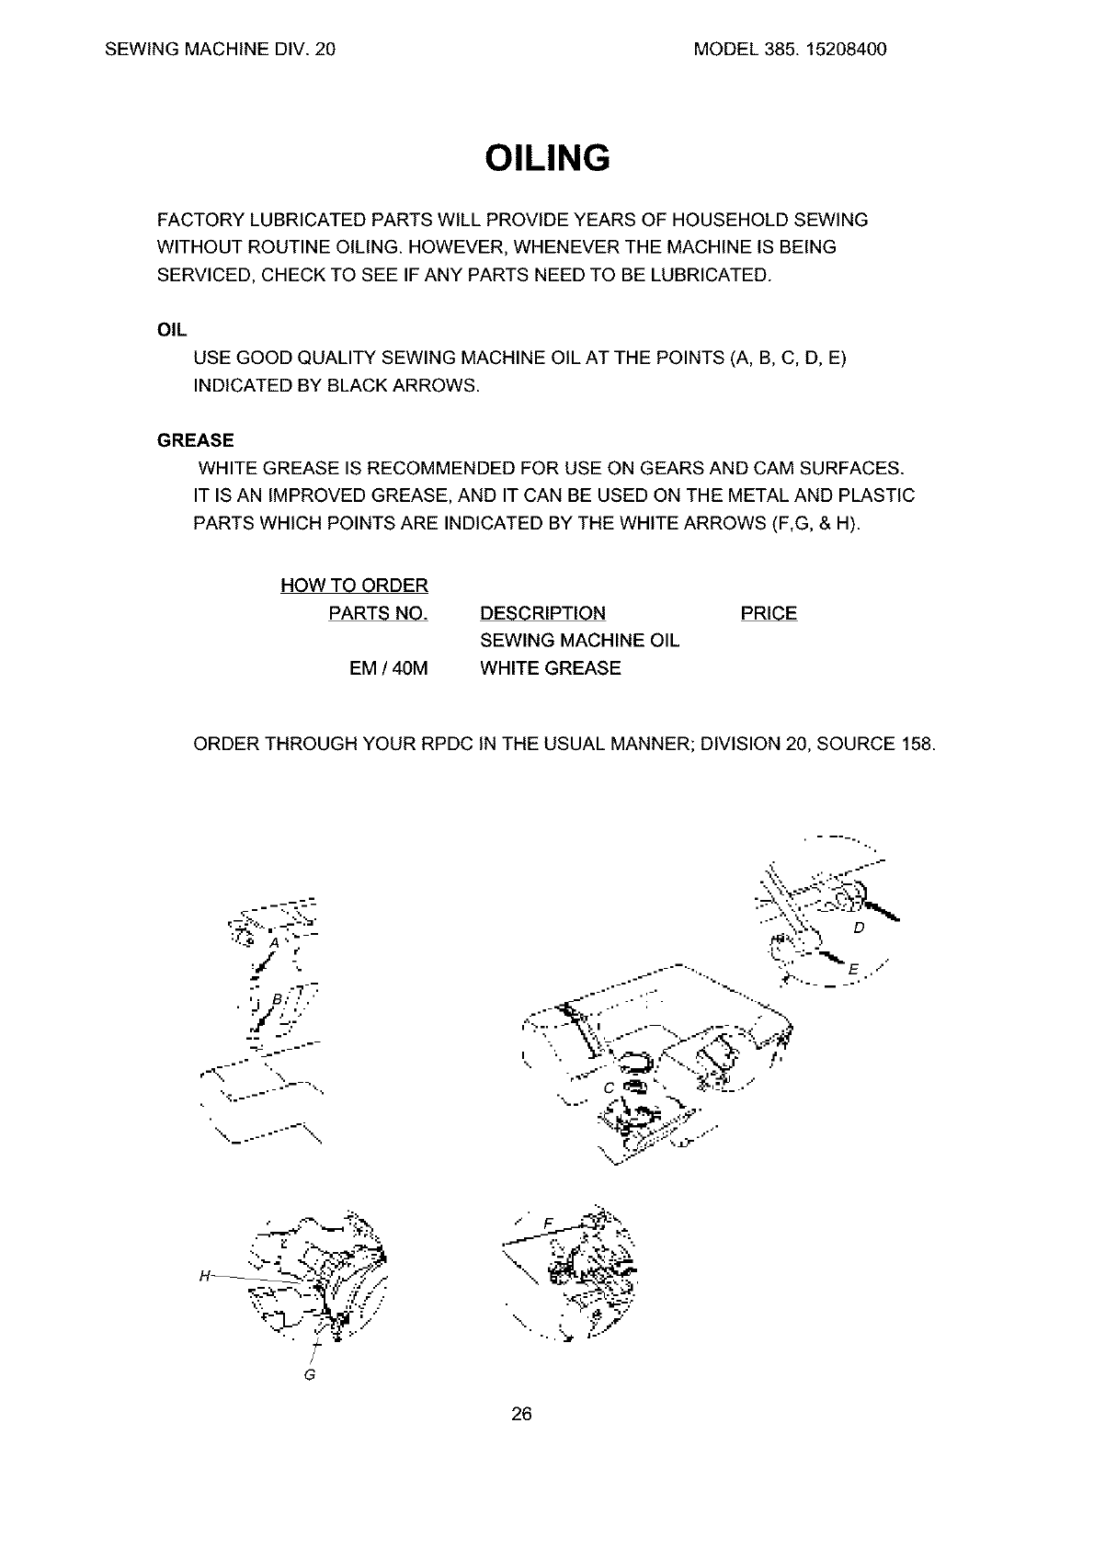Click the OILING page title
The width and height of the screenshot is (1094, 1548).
547,158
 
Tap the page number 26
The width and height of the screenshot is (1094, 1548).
521,1414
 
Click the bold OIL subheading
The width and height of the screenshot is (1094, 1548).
172,330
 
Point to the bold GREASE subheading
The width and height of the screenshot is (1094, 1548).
195,440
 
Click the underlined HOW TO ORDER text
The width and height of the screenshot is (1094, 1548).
354,586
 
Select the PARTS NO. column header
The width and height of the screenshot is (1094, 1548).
378,613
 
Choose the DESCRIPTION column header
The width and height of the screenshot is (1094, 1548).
542,613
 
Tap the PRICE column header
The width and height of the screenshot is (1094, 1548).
769,613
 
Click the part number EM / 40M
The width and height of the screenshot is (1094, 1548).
389,668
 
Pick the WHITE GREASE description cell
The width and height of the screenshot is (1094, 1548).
550,668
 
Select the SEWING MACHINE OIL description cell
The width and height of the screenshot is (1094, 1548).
579,641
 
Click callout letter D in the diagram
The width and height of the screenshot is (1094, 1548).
859,928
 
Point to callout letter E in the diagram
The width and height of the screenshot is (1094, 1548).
853,971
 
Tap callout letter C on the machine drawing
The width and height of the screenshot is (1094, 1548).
608,1088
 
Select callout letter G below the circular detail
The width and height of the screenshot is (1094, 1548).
310,1375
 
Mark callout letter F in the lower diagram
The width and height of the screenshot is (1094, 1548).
548,1223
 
